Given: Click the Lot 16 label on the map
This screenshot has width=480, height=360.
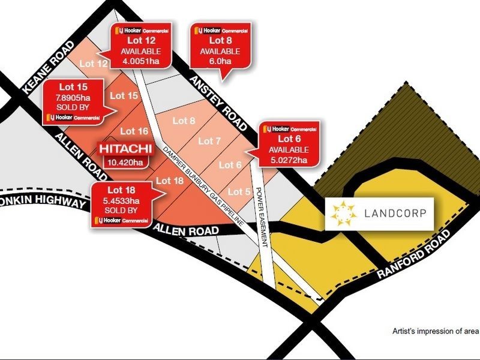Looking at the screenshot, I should [x=134, y=131].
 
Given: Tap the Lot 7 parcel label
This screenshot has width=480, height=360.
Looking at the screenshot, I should [x=206, y=141].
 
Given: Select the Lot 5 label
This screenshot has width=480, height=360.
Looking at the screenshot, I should [x=239, y=191].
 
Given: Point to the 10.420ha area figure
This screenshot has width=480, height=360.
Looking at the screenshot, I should [x=125, y=162].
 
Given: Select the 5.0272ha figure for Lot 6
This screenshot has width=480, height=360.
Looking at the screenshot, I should [x=289, y=160].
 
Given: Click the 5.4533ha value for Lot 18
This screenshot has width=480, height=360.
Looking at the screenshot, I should [x=121, y=202].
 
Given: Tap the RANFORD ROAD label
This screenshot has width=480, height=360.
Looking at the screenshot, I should [x=415, y=255].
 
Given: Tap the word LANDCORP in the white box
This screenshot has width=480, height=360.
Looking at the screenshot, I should [x=398, y=214].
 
